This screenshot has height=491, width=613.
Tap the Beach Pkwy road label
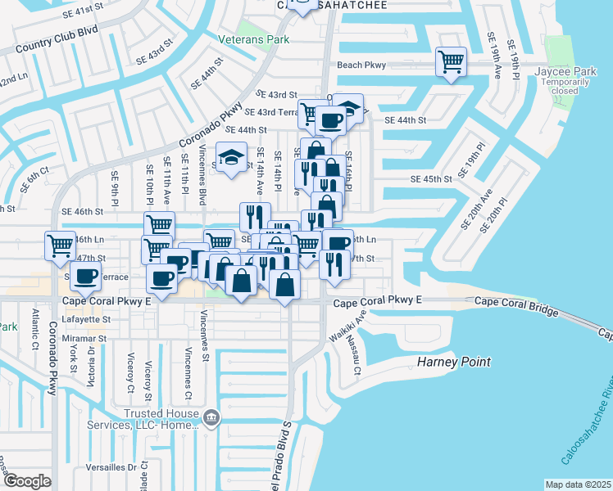(361, 65)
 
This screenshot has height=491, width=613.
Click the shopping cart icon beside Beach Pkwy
(451, 62)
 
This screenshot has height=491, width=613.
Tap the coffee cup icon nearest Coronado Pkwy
(85, 277)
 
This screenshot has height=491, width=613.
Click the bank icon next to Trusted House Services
(211, 418)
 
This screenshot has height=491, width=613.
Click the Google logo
(26, 481)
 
